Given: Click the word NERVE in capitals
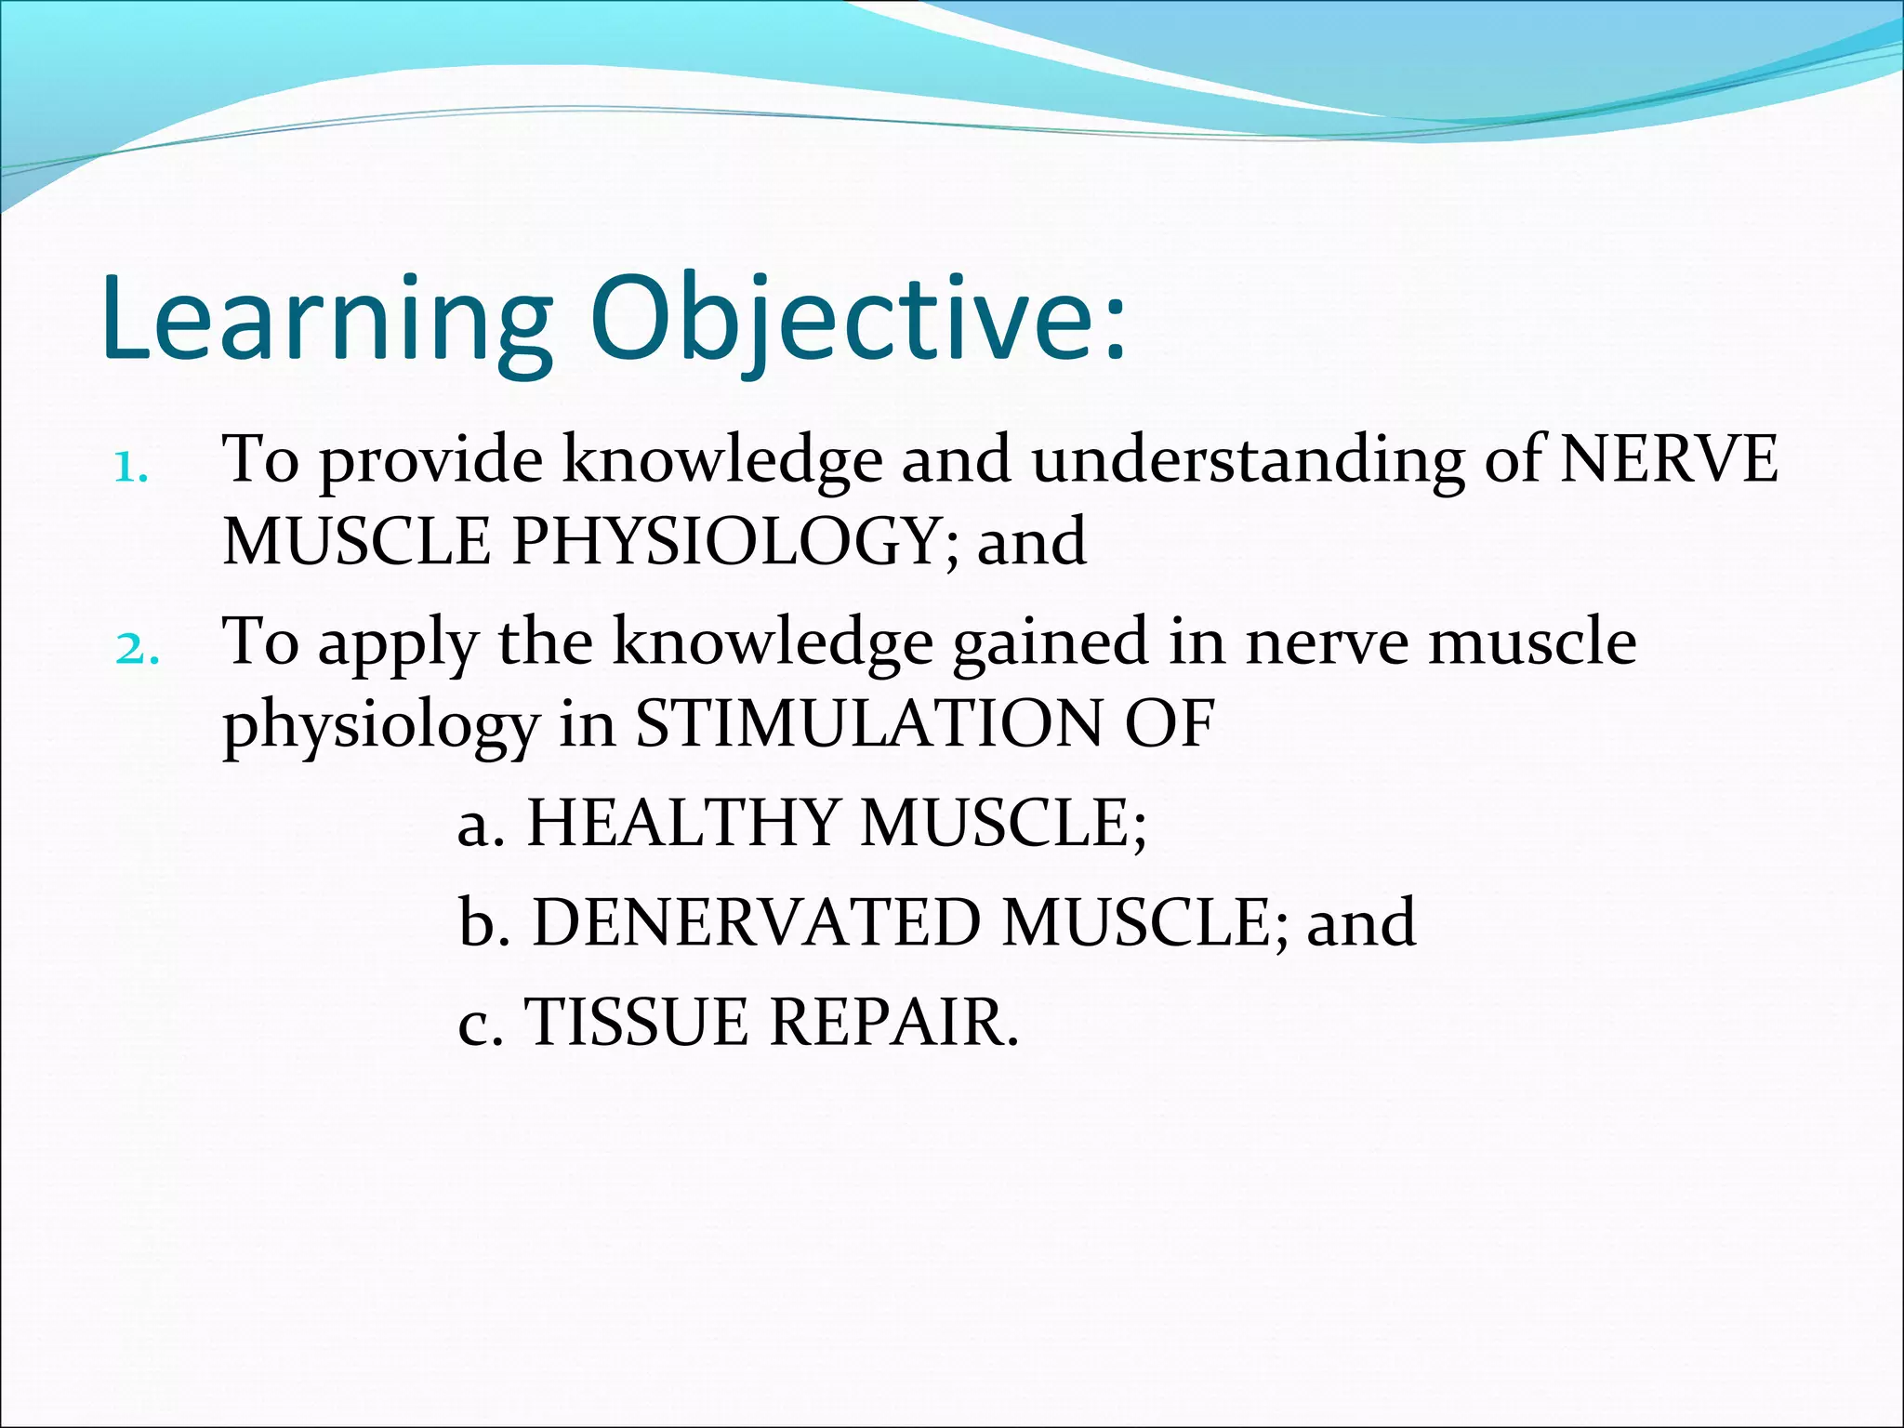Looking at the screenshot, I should click(x=1669, y=459).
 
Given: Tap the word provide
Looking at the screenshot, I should click(x=431, y=461).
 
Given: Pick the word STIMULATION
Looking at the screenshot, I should click(x=868, y=724).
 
